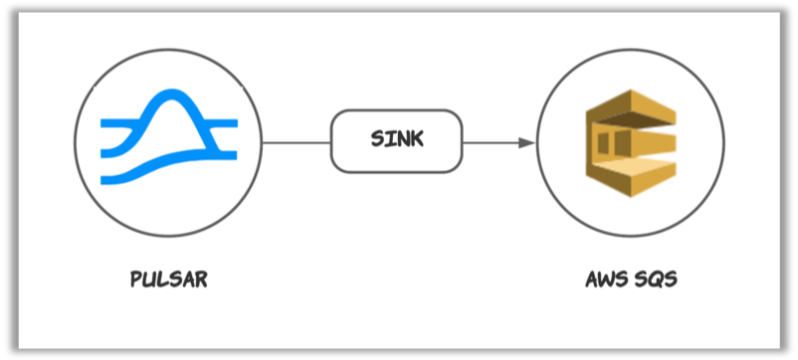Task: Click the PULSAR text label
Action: tap(169, 279)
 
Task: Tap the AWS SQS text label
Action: tap(631, 279)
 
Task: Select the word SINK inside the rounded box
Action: tap(396, 139)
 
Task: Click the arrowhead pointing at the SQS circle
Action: tap(526, 142)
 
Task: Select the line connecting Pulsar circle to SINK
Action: tap(296, 142)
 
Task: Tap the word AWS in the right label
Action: tap(604, 279)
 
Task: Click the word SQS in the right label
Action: tap(657, 279)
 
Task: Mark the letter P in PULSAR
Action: tap(136, 279)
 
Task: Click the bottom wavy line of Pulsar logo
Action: tap(169, 170)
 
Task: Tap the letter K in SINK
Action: tap(417, 139)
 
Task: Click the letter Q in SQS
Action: tap(657, 279)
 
